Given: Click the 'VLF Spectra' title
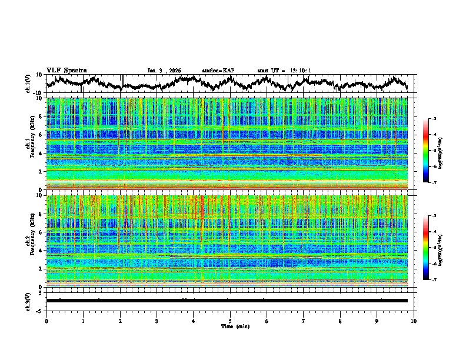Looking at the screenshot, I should [x=66, y=70].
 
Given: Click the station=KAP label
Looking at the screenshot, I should [x=218, y=71].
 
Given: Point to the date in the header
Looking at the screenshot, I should [x=164, y=71].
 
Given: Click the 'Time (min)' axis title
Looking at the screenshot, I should [x=230, y=326].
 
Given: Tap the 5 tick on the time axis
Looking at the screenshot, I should [x=230, y=321].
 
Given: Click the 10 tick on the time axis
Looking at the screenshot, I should [x=414, y=321].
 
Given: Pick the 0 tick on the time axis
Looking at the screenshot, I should [x=46, y=321].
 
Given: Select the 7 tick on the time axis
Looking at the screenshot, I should [x=304, y=321].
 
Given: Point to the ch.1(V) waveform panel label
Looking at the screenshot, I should [x=28, y=84].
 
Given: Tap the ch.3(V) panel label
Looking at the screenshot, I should [x=28, y=301].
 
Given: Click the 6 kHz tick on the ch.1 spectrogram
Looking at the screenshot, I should [x=40, y=135].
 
